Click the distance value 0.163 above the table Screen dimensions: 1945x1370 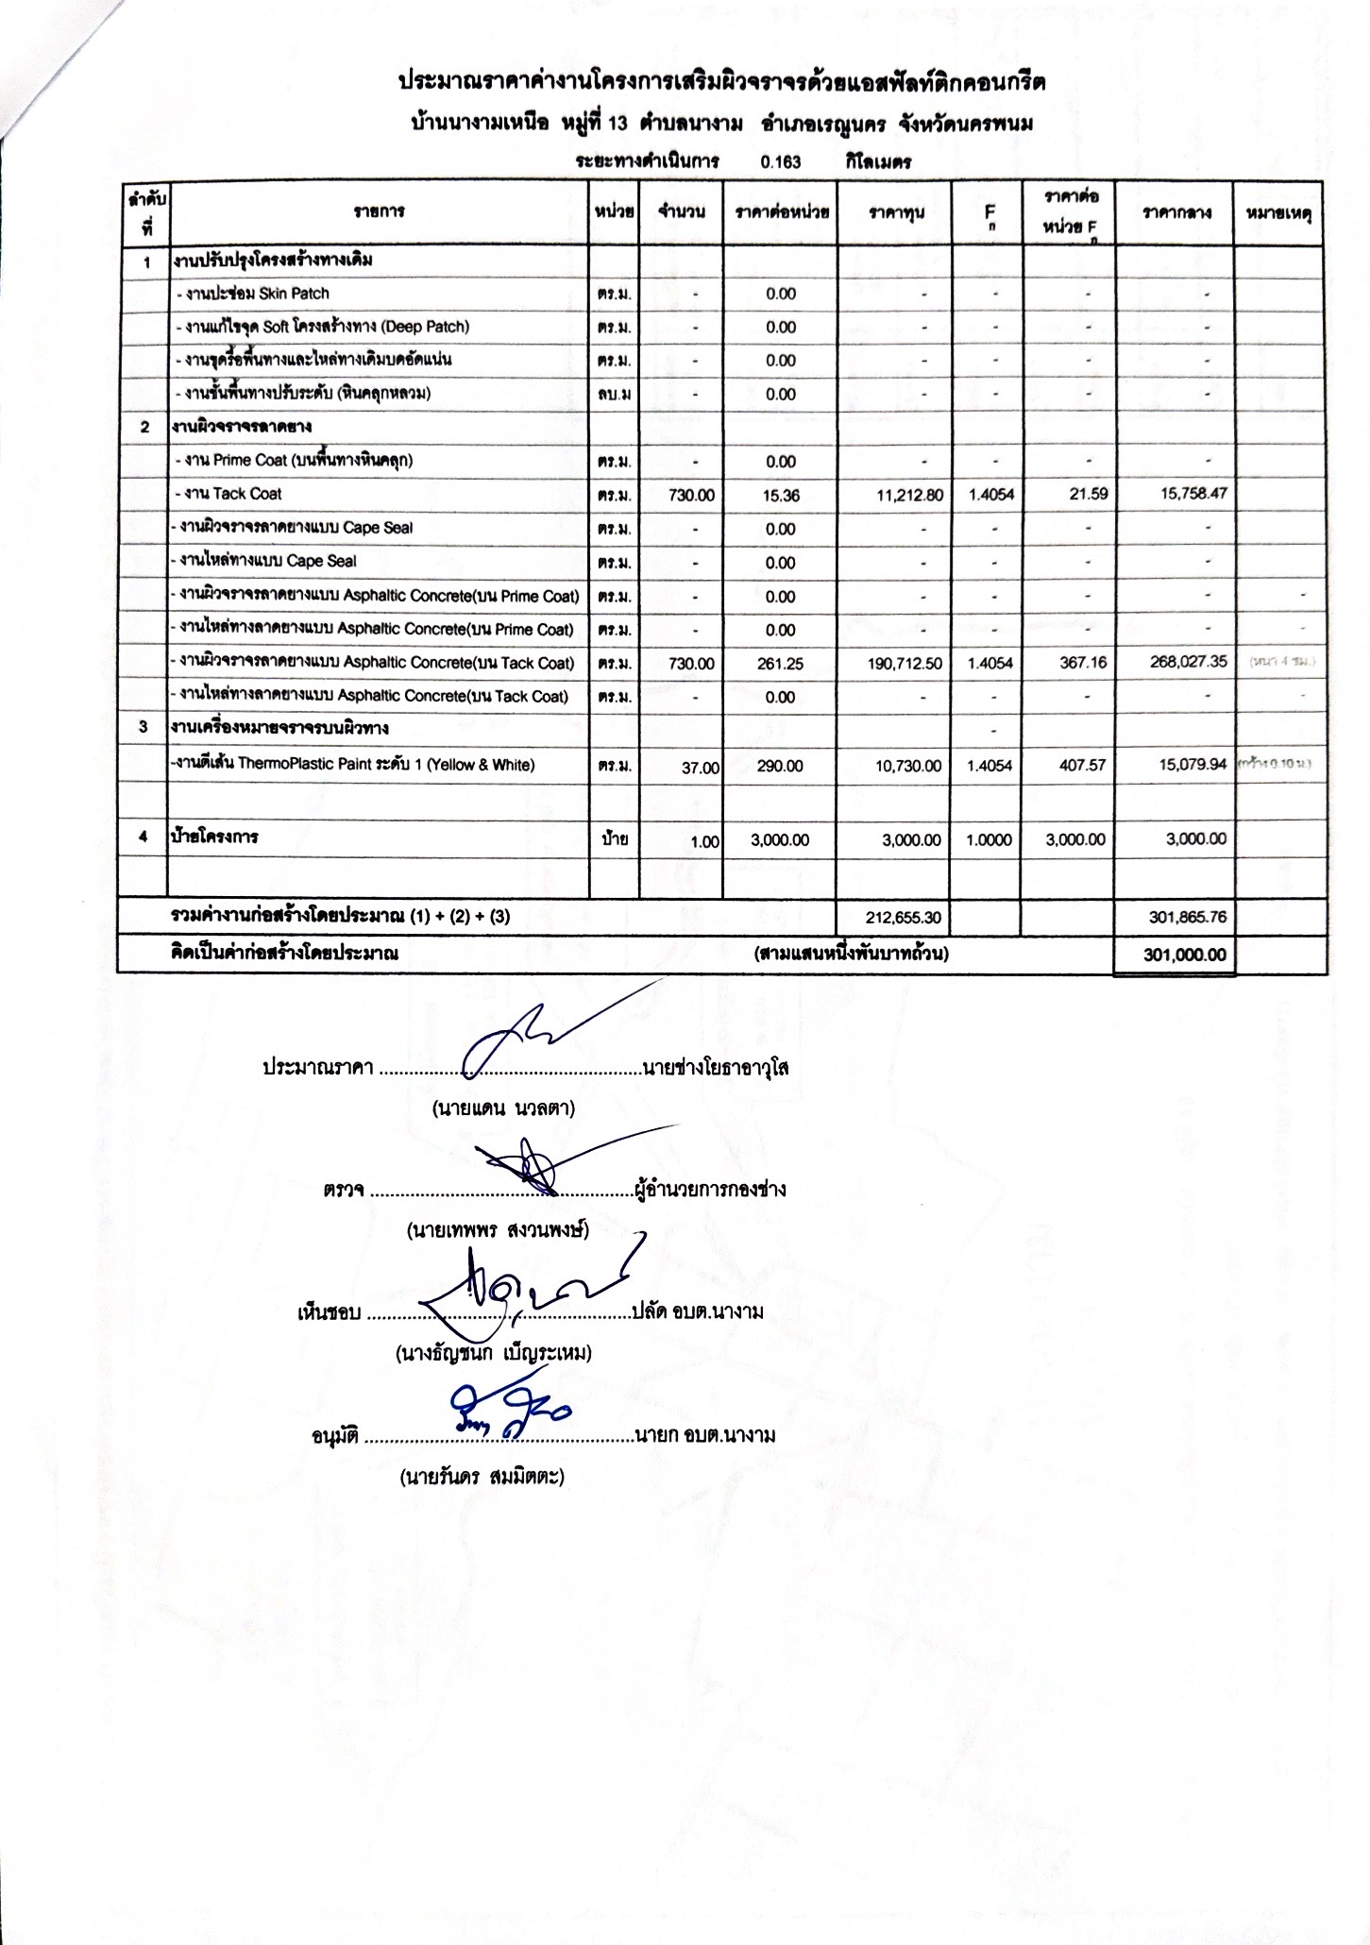click(x=780, y=161)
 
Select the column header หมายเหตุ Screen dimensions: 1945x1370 click(x=1279, y=212)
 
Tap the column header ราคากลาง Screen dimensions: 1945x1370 click(x=1175, y=212)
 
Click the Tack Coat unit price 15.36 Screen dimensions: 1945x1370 click(x=780, y=495)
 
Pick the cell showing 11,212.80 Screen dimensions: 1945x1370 click(x=905, y=495)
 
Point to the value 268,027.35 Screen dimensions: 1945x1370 click(x=1188, y=662)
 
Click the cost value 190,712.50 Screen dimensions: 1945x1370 click(x=904, y=664)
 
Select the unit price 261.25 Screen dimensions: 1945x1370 click(x=780, y=664)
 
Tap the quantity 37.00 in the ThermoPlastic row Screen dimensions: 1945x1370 click(x=700, y=768)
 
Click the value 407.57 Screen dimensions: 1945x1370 click(x=1082, y=765)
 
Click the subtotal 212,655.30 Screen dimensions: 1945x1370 click(x=904, y=916)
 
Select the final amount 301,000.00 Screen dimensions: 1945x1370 click(x=1184, y=955)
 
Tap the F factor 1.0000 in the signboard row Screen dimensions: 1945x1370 click(x=989, y=839)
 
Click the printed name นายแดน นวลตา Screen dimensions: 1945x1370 click(x=503, y=1108)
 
